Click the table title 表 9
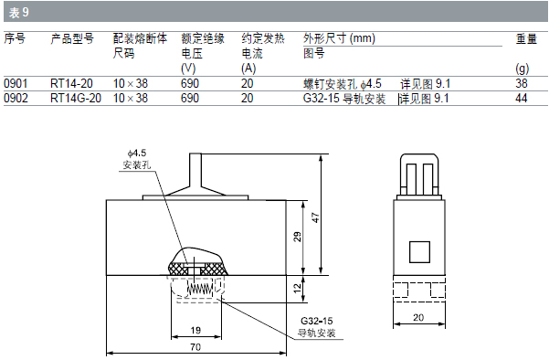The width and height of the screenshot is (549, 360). point(19,13)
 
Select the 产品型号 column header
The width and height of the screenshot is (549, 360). point(72,38)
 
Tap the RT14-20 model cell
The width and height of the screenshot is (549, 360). point(71,83)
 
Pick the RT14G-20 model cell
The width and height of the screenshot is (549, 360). point(76,98)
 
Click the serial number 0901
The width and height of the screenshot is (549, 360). point(16,83)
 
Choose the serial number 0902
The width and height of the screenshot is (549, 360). point(16,98)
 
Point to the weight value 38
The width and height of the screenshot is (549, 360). point(522,83)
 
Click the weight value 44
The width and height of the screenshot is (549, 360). point(522,98)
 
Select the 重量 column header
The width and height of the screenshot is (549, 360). point(526,38)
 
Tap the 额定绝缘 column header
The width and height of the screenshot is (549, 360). point(203,38)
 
